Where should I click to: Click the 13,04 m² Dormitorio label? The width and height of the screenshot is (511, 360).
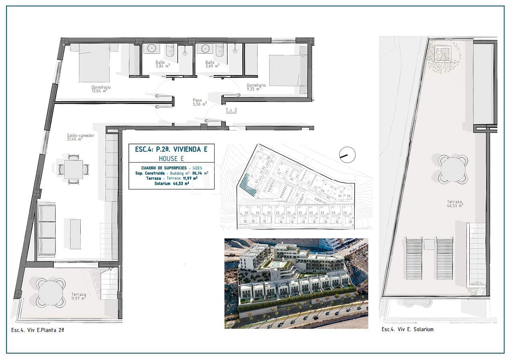tap(101, 89)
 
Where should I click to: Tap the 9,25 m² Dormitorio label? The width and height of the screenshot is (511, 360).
tap(256, 87)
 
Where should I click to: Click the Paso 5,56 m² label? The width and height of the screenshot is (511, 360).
tap(199, 102)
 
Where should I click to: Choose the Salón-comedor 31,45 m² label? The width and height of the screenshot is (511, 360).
tap(80, 137)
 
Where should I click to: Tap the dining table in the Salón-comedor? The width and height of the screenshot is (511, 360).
tap(73, 169)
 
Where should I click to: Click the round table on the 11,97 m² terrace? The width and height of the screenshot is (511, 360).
tap(51, 293)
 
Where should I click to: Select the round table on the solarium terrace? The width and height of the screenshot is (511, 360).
tap(453, 169)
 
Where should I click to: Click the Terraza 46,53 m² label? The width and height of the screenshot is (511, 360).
tap(455, 203)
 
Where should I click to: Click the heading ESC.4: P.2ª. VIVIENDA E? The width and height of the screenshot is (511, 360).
tap(171, 149)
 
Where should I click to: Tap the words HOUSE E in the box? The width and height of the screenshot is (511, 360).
tap(171, 159)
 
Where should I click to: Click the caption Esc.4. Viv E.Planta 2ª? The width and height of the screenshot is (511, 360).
tap(38, 329)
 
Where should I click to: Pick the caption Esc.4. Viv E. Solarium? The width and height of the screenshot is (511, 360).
tap(407, 329)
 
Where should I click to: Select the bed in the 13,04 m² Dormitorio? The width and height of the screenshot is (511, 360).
tap(94, 63)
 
